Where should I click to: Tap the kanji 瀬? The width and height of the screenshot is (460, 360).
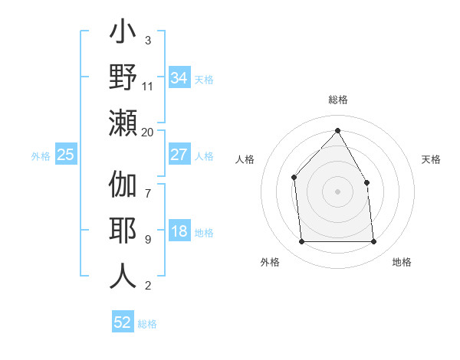point(123,122)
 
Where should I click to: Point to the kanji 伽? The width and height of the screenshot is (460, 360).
point(123,186)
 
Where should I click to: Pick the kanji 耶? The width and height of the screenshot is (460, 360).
point(123,231)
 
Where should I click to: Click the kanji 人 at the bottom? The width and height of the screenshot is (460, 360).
point(123,276)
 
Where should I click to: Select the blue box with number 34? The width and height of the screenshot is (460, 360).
point(179,78)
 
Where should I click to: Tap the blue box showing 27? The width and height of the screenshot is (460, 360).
point(179,155)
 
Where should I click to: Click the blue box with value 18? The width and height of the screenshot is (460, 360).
point(179,232)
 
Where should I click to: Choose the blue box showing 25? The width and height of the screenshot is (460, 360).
point(65,155)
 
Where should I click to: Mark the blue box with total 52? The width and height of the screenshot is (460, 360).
point(123,322)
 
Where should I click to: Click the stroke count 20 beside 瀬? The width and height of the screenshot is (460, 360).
point(148,133)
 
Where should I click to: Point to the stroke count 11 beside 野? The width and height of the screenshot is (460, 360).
point(148,87)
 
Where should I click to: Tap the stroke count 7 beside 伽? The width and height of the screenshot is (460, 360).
point(148,185)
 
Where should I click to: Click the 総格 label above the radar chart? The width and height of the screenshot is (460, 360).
point(337,100)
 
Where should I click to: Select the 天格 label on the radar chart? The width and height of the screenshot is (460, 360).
point(431,159)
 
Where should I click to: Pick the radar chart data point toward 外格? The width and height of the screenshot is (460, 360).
point(301,242)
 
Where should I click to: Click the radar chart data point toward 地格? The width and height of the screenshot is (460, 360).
point(373,242)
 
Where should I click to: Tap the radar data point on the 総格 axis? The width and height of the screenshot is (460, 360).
point(337,130)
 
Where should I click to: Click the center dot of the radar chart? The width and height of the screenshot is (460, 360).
point(337,191)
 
